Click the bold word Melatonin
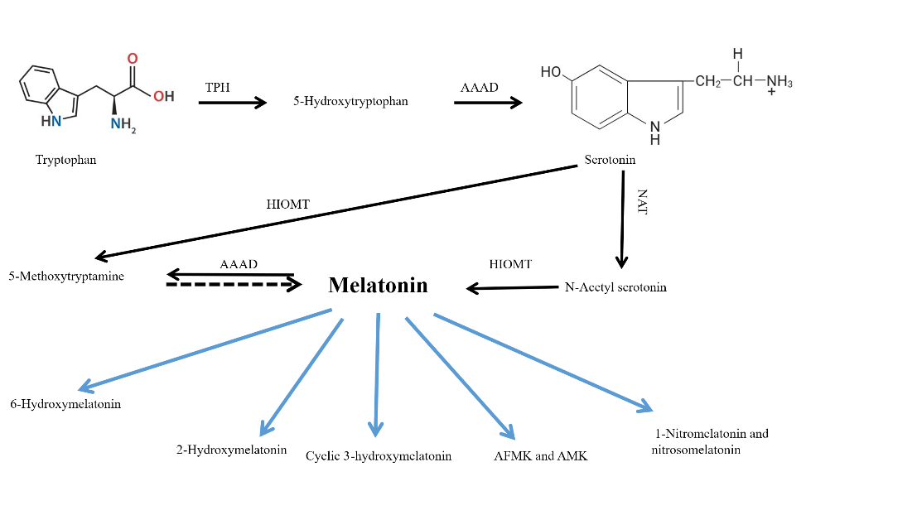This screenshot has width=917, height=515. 378,286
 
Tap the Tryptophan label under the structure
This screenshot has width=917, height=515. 65,160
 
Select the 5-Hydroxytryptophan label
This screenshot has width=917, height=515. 350,102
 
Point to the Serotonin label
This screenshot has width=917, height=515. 610,160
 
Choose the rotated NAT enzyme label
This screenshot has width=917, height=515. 642,201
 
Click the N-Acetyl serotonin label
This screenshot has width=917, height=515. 615,287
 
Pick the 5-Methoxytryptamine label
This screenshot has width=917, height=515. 66,277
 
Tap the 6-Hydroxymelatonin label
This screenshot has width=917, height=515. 65,405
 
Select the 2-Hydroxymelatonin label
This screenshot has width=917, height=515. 231,450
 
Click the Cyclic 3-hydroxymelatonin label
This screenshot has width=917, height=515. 379,456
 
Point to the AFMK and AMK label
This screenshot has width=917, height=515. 540,456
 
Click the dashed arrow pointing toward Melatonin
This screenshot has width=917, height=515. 234,284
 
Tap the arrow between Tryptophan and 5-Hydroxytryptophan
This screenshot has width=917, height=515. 233,103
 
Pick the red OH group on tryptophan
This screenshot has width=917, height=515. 163,97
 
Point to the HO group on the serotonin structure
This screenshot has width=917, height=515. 551,72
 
